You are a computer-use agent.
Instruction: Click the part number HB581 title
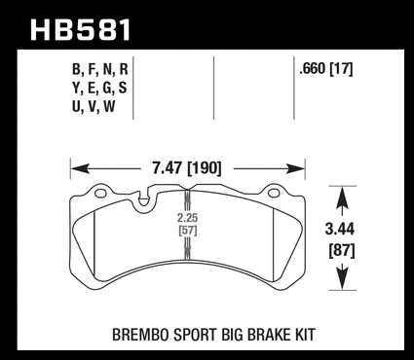[80, 30]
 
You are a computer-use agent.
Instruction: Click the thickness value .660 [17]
[326, 69]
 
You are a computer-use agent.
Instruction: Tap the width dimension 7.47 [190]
[187, 168]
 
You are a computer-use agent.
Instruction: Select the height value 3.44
[340, 230]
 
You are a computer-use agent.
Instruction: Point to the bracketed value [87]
[342, 251]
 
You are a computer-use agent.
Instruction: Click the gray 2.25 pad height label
[187, 218]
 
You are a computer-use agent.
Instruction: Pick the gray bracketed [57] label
[188, 231]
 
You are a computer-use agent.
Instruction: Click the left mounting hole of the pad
[100, 194]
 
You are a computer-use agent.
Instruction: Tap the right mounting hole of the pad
[274, 194]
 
